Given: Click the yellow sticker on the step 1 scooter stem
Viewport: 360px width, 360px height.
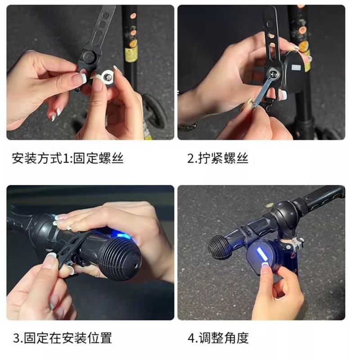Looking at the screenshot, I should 131,54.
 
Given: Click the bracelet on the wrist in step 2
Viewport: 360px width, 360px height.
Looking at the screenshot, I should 187,126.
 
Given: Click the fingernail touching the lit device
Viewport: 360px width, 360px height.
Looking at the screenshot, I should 265,270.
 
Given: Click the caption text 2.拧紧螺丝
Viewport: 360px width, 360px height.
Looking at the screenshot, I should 217,158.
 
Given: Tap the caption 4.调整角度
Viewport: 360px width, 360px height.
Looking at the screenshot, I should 218,338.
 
